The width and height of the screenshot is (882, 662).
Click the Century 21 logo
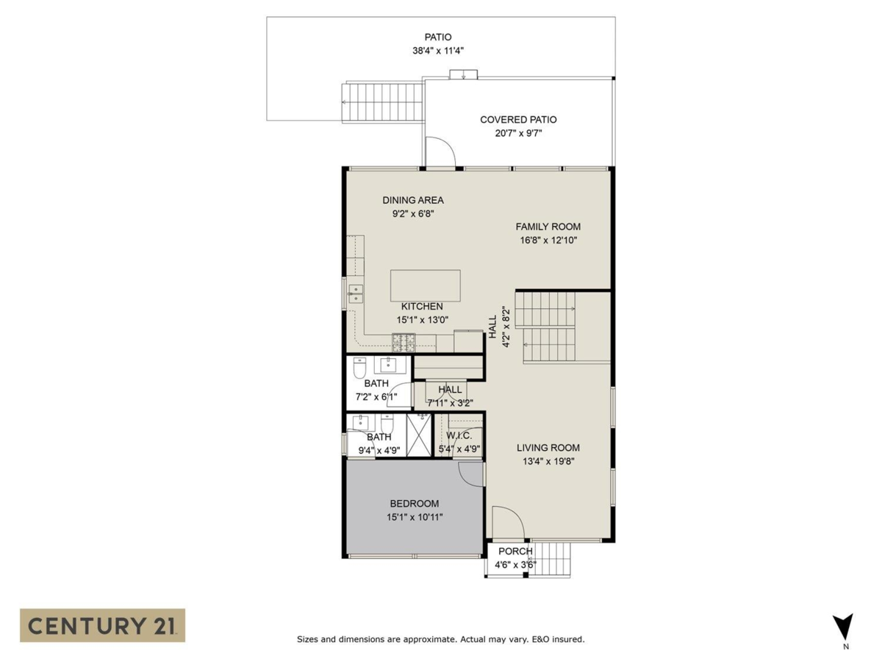click(102, 625)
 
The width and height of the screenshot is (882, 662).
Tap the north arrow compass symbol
click(845, 627)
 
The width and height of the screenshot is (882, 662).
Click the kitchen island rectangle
click(426, 285)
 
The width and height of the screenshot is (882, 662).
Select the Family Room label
click(548, 227)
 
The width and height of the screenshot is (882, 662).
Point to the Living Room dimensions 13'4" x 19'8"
click(548, 461)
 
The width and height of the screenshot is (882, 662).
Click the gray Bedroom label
click(415, 504)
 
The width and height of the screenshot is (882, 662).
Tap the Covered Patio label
click(518, 119)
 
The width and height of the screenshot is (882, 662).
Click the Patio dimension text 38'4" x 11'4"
click(438, 51)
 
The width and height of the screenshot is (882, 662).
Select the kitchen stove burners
click(404, 341)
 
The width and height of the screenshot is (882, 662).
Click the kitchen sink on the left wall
click(355, 293)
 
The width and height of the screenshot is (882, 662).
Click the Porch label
click(515, 552)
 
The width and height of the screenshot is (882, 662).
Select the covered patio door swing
click(441, 153)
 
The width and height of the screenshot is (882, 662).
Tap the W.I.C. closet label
click(459, 435)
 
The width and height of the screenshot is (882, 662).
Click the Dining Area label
click(412, 200)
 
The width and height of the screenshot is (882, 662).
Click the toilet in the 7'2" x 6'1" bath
click(360, 367)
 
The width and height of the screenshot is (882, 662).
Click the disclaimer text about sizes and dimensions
click(440, 640)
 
